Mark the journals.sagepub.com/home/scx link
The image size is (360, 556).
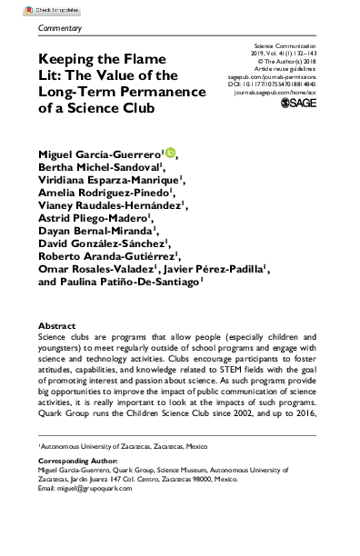pyautogui.click(x=286, y=93)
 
